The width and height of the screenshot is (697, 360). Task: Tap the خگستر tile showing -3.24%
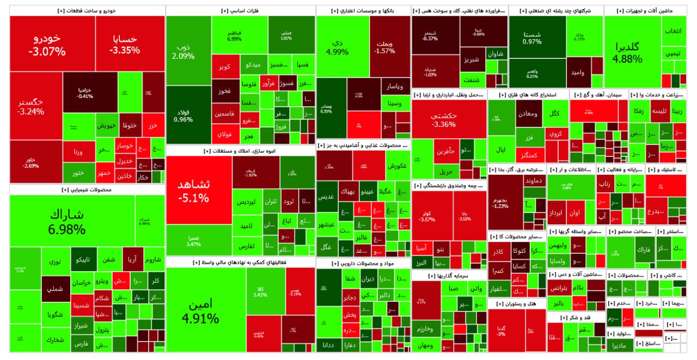pos(31,106)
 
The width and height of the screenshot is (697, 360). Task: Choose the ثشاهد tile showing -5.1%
pos(193,190)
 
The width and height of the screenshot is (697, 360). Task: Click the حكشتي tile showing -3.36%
pos(443,119)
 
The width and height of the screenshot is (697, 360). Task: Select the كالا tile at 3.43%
pos(260,292)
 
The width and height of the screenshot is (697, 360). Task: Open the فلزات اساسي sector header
pos(240,11)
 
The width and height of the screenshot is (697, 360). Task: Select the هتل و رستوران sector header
pos(517,303)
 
